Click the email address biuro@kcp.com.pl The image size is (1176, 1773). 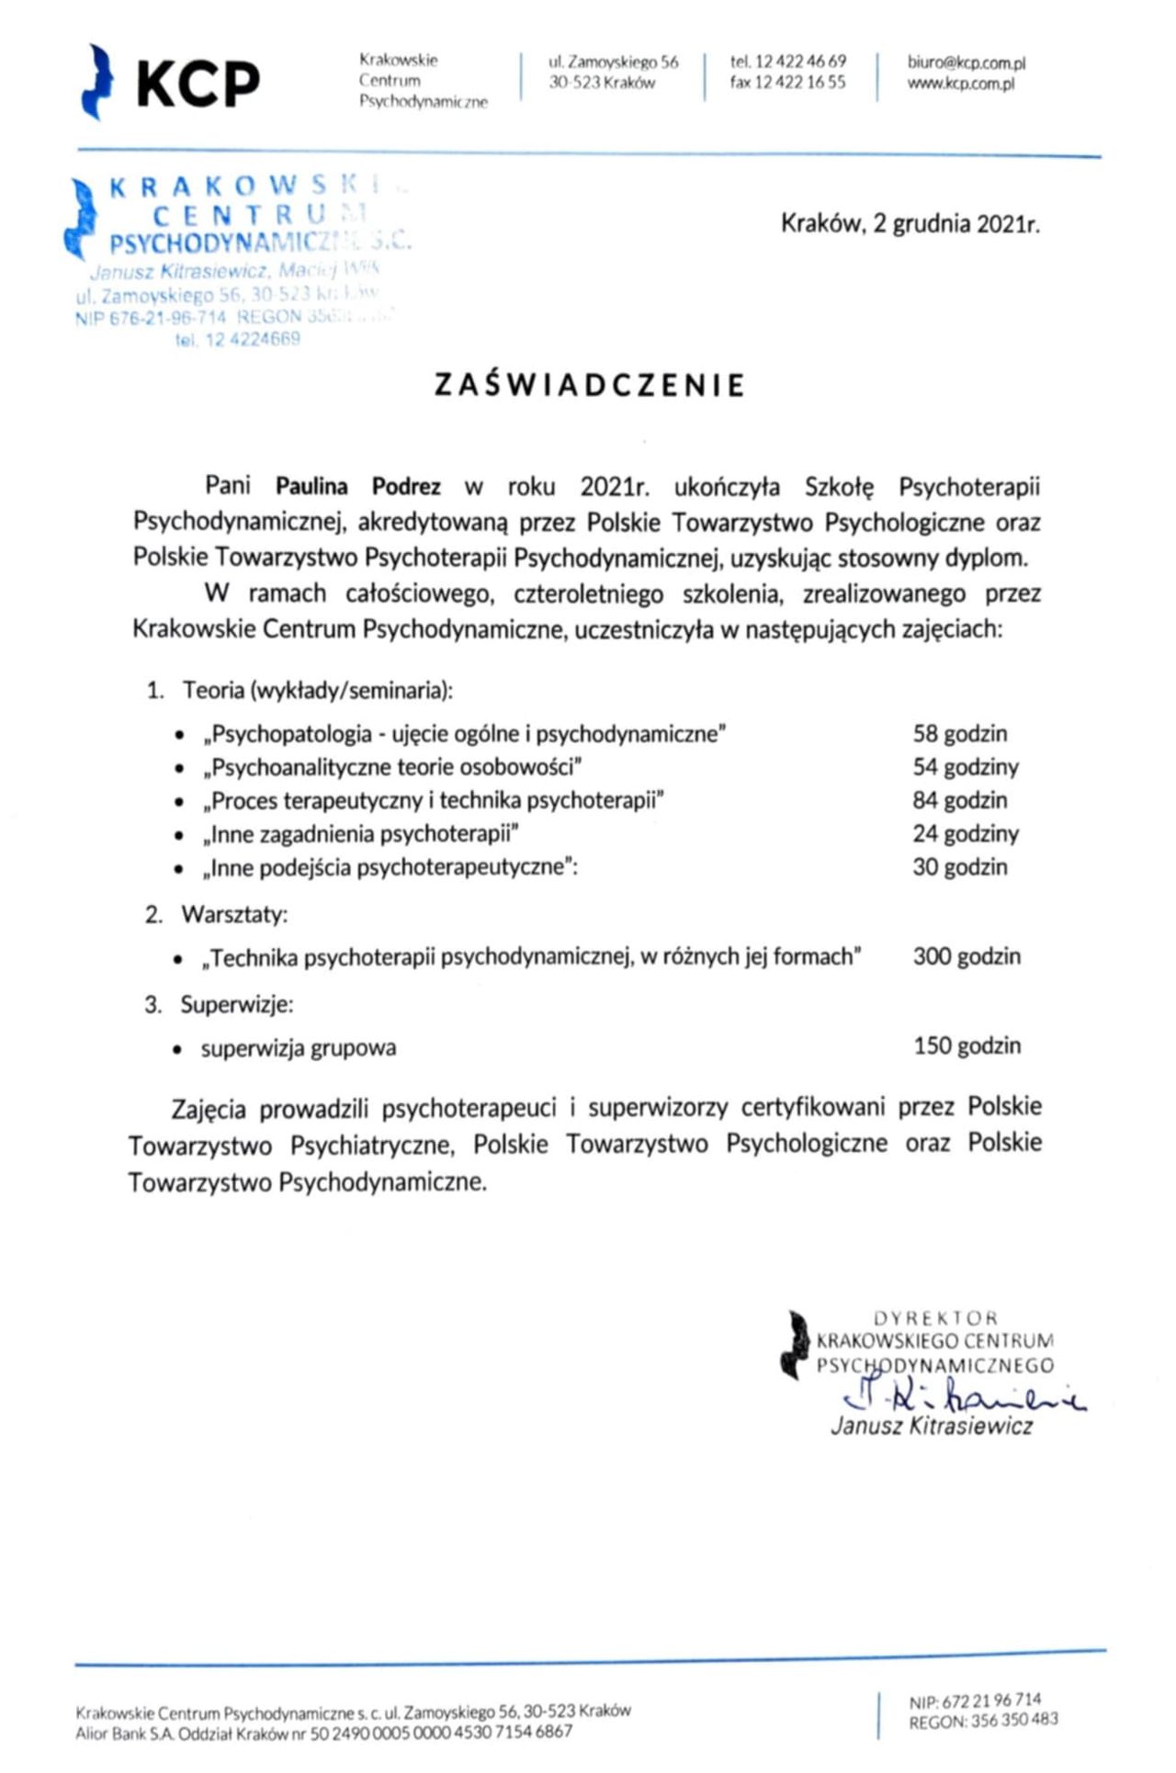966,62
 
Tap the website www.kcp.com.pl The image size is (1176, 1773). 960,84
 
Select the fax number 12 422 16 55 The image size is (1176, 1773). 787,82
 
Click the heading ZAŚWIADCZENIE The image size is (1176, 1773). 589,385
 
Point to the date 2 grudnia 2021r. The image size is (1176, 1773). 955,224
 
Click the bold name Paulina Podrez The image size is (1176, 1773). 358,486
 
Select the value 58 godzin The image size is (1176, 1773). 959,734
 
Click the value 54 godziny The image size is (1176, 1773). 965,767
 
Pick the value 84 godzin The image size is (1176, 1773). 959,800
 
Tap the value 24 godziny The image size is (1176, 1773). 965,834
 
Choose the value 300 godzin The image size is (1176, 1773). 966,956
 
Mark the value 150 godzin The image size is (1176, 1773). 967,1046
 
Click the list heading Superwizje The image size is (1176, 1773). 236,1005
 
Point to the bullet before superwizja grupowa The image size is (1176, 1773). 178,1049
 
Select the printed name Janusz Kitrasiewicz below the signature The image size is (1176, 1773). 932,1427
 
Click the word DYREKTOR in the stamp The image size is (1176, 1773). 934,1318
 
